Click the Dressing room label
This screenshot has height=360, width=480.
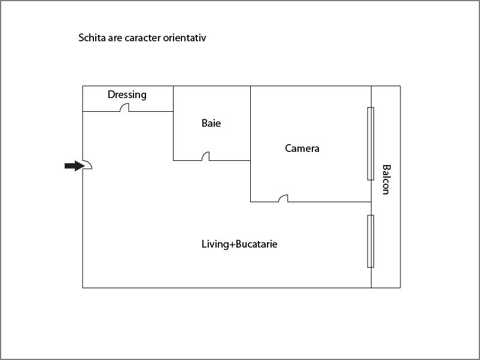point(127,95)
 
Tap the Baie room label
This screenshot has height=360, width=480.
point(211,123)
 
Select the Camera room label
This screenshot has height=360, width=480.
point(302,148)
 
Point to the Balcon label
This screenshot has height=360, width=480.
point(386,179)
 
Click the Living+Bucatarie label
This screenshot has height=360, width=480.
point(239,244)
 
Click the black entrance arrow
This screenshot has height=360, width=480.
point(74,166)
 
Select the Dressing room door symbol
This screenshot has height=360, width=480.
point(124,108)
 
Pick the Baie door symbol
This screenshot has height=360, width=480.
point(206,156)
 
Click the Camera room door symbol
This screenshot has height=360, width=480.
point(283,198)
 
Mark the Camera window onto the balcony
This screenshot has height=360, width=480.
point(370,144)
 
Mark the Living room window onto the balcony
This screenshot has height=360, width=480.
point(370,242)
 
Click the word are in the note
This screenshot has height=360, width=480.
point(115,38)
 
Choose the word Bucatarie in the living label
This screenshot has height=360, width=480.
point(257,244)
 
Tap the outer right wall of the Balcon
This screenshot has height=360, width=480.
point(400,187)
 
